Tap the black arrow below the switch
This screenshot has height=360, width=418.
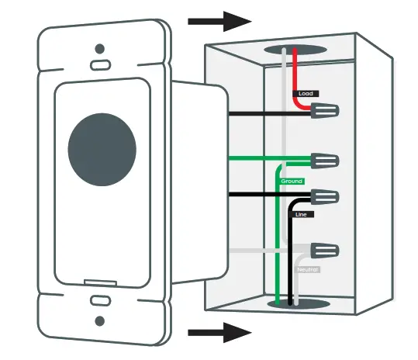[220, 334]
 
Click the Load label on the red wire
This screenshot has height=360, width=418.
[305, 94]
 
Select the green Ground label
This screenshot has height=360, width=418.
[292, 180]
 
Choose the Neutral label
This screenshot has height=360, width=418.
[308, 269]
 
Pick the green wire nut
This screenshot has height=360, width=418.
[324, 161]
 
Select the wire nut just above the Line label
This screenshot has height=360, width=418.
[324, 196]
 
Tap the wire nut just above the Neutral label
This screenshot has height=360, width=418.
[324, 251]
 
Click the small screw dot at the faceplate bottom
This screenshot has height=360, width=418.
[99, 320]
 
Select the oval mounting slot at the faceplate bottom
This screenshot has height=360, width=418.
[99, 300]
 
